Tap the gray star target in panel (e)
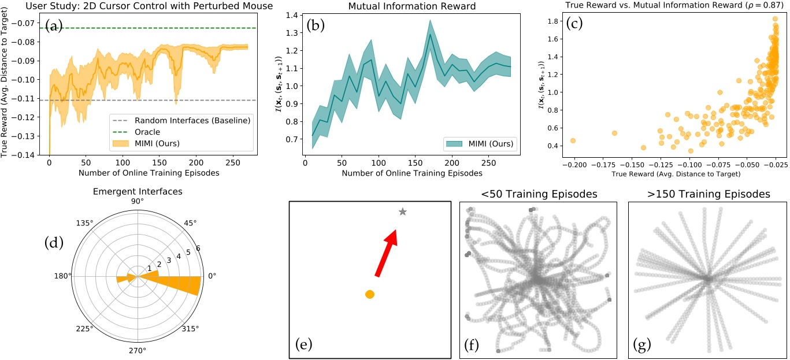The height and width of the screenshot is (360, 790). [403, 212]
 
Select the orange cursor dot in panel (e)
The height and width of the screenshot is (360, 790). [370, 294]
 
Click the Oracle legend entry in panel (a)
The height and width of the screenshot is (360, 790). [147, 132]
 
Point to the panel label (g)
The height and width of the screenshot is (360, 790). [641, 345]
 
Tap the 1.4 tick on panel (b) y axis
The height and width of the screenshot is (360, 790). [294, 16]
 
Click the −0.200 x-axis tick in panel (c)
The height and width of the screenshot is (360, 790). [573, 165]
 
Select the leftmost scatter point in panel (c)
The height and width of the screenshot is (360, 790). [573, 140]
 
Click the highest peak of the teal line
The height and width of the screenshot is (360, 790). [430, 34]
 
